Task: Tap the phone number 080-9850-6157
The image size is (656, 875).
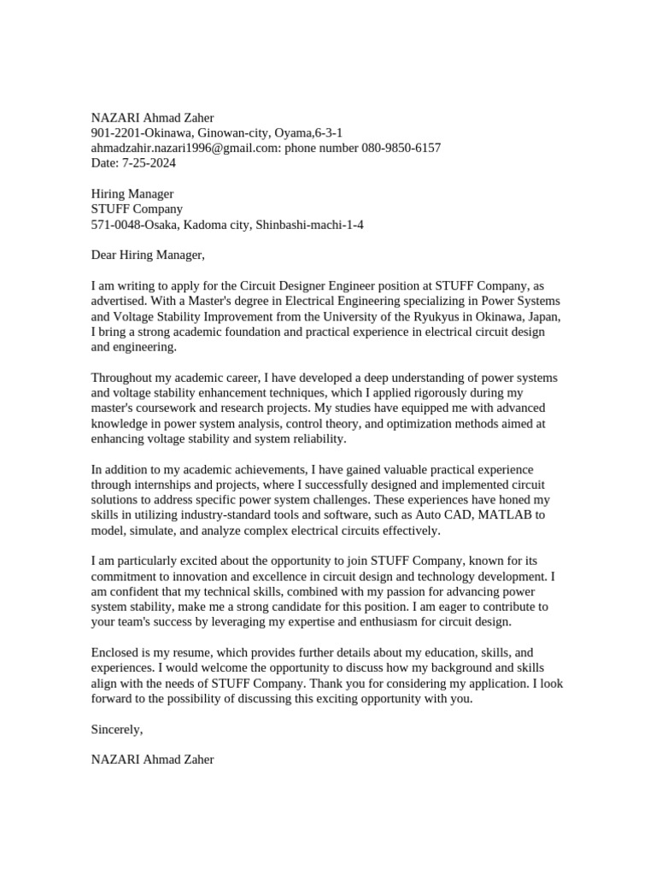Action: (x=401, y=148)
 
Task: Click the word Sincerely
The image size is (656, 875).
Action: (x=117, y=729)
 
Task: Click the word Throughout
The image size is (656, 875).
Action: (x=125, y=378)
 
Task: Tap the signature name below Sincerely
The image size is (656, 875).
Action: (x=153, y=759)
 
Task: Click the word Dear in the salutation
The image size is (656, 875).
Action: (x=104, y=255)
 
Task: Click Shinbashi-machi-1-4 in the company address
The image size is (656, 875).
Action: (x=313, y=225)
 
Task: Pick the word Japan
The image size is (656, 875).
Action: (x=541, y=316)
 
